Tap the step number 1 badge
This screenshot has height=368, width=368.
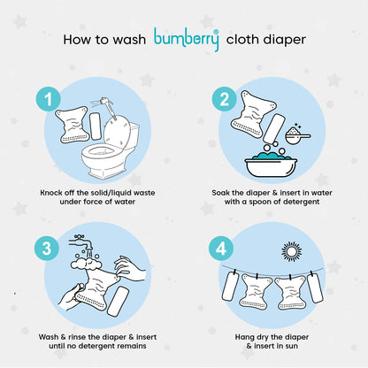(x=49, y=99)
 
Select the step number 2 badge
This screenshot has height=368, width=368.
(x=225, y=99)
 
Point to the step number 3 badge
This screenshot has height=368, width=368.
(x=47, y=249)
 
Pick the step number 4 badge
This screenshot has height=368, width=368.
(x=221, y=249)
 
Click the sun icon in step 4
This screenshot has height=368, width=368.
(x=292, y=251)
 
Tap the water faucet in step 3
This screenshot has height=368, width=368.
(x=80, y=243)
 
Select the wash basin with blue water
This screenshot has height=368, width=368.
(x=271, y=165)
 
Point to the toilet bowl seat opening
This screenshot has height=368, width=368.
(x=101, y=151)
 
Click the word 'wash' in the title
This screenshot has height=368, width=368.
(x=129, y=40)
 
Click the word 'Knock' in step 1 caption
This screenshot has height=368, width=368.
(x=51, y=193)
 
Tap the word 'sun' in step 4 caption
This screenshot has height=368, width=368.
(x=290, y=346)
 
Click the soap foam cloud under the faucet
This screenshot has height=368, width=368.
(x=86, y=263)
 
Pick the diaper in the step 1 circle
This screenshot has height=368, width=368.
(x=73, y=124)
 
